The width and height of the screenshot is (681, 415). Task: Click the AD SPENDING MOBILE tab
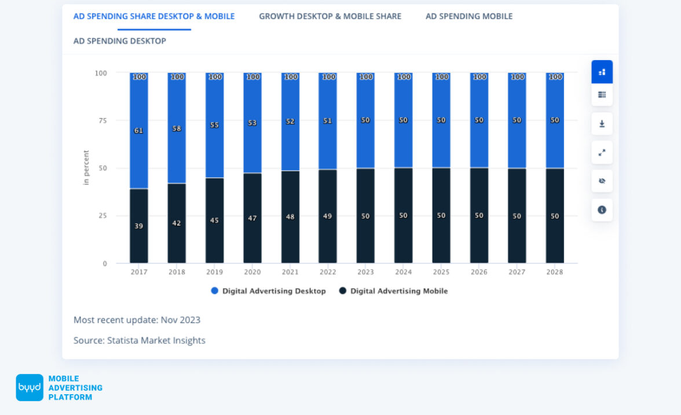tap(469, 16)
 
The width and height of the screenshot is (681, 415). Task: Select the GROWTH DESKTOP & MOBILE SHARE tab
tap(330, 16)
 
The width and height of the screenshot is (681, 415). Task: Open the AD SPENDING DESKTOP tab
tap(120, 41)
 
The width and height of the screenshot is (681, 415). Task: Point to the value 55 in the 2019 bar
tap(215, 125)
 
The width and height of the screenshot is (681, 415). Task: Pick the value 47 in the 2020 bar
tap(252, 218)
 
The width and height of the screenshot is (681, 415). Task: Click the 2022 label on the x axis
tap(328, 272)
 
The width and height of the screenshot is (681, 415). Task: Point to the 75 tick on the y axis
tap(102, 120)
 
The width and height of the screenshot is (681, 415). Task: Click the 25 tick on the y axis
tap(102, 216)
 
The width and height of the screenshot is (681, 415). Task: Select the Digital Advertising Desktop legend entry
tap(268, 291)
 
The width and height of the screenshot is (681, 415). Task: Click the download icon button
tap(602, 124)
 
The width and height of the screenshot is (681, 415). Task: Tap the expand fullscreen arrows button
tap(602, 153)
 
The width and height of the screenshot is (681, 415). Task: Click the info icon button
tap(602, 210)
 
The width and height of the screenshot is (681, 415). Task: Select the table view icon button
tap(602, 95)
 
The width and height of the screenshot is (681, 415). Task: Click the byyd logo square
tap(30, 388)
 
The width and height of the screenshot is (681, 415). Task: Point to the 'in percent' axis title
tap(86, 168)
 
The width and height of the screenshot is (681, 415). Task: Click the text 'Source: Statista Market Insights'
tap(140, 340)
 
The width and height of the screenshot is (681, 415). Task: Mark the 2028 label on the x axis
tap(555, 272)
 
